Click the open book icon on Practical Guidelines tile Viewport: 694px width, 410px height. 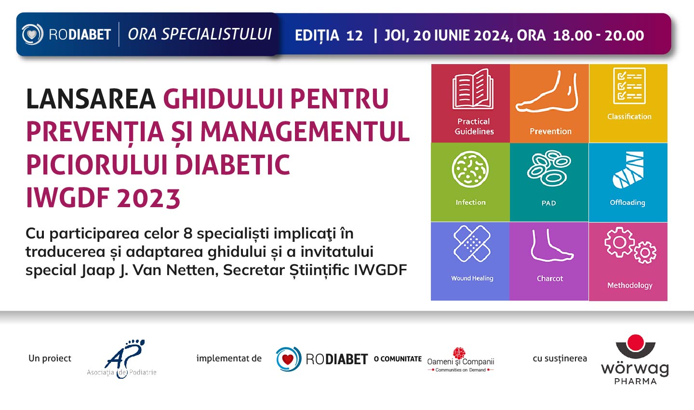[x=473, y=89]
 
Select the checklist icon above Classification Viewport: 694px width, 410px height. [x=629, y=86]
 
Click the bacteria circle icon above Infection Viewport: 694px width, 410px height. [x=470, y=170]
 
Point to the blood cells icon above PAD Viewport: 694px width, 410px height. [x=549, y=168]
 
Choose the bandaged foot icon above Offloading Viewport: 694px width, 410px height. [x=628, y=170]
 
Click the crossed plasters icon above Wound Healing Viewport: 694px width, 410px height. [x=472, y=243]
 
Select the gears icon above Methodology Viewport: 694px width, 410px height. [x=630, y=245]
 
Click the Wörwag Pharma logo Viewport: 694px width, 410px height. [x=635, y=359]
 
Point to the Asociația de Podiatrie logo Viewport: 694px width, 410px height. [x=122, y=359]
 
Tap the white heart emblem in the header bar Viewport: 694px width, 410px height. [x=32, y=34]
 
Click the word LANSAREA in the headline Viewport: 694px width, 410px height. [x=91, y=99]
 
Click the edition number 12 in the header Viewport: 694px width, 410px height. [x=354, y=36]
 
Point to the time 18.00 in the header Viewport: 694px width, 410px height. [x=573, y=36]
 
